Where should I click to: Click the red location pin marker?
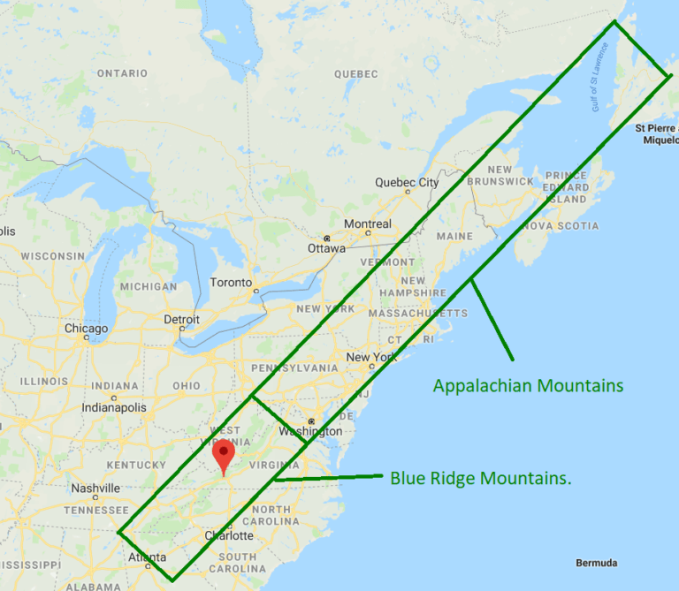(225, 455)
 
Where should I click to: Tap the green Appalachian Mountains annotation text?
(528, 386)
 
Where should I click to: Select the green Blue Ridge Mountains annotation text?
(480, 479)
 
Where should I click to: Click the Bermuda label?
(596, 564)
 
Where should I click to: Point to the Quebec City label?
(407, 183)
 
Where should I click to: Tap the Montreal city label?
(368, 224)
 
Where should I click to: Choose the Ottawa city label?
(326, 248)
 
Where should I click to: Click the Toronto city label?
(231, 283)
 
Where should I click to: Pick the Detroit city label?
(181, 320)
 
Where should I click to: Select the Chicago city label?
(86, 329)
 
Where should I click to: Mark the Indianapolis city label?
(114, 408)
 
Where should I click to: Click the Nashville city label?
(95, 489)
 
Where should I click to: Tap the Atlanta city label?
(147, 557)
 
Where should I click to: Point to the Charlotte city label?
(229, 535)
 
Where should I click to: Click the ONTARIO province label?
(122, 72)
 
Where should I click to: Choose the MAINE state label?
(454, 237)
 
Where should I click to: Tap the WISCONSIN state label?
(53, 256)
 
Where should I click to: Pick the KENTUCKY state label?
(136, 465)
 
